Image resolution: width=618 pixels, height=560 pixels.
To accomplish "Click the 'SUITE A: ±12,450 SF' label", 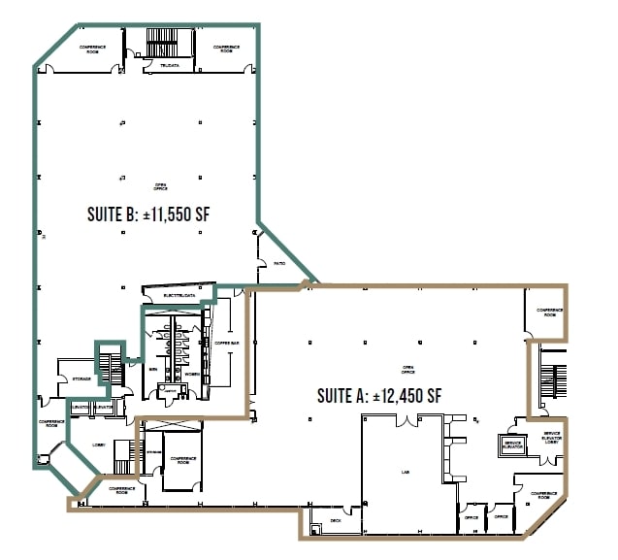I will coord(379,395).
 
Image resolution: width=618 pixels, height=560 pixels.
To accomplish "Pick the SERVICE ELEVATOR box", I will coord(513,445).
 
